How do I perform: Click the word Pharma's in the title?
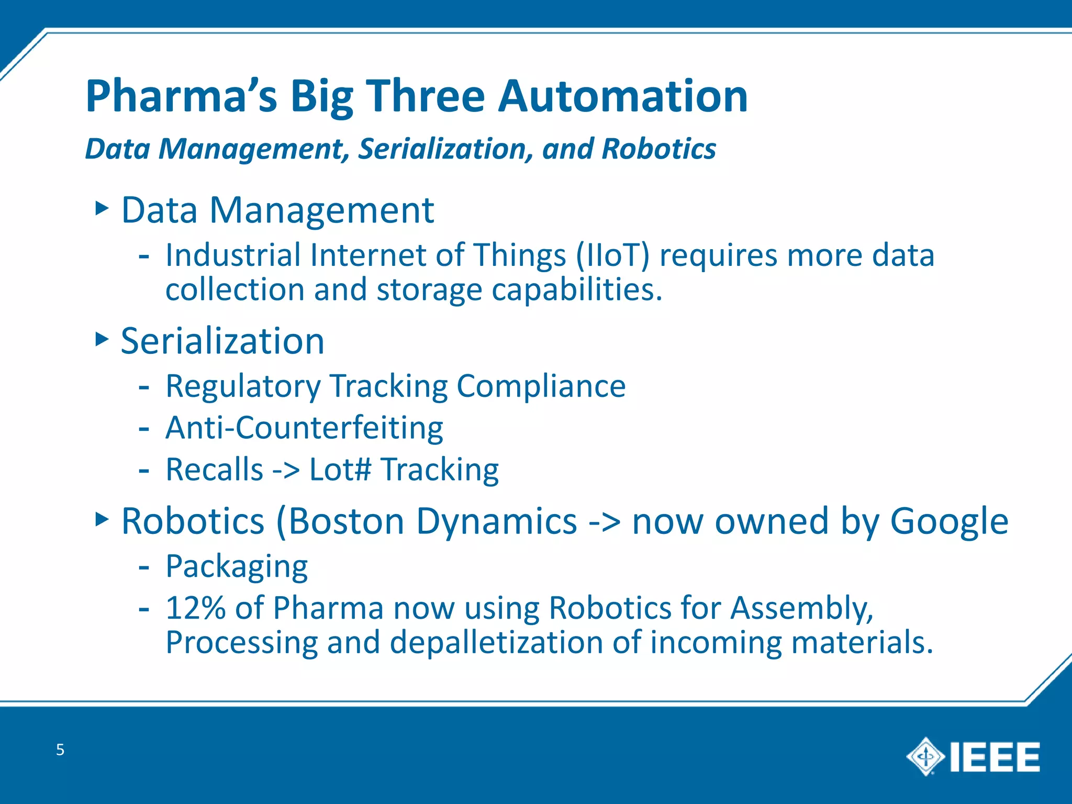pos(181,96)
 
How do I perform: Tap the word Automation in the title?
pos(622,96)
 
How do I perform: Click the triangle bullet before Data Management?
pos(102,209)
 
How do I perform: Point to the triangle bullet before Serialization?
pos(102,339)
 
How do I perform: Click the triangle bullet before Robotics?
pos(102,520)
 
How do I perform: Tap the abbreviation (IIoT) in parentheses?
pos(613,255)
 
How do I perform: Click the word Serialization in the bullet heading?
pos(222,341)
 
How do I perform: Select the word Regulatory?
pos(243,386)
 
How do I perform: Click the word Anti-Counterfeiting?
pos(304,428)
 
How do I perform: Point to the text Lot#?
pos(340,469)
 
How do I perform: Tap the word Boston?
pos(340,521)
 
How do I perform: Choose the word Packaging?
pos(237,566)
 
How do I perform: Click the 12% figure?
pos(195,608)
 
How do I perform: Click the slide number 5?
pos(60,750)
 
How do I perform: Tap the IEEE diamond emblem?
pos(925,756)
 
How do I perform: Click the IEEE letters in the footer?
pos(995,757)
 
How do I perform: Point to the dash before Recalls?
pos(144,470)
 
